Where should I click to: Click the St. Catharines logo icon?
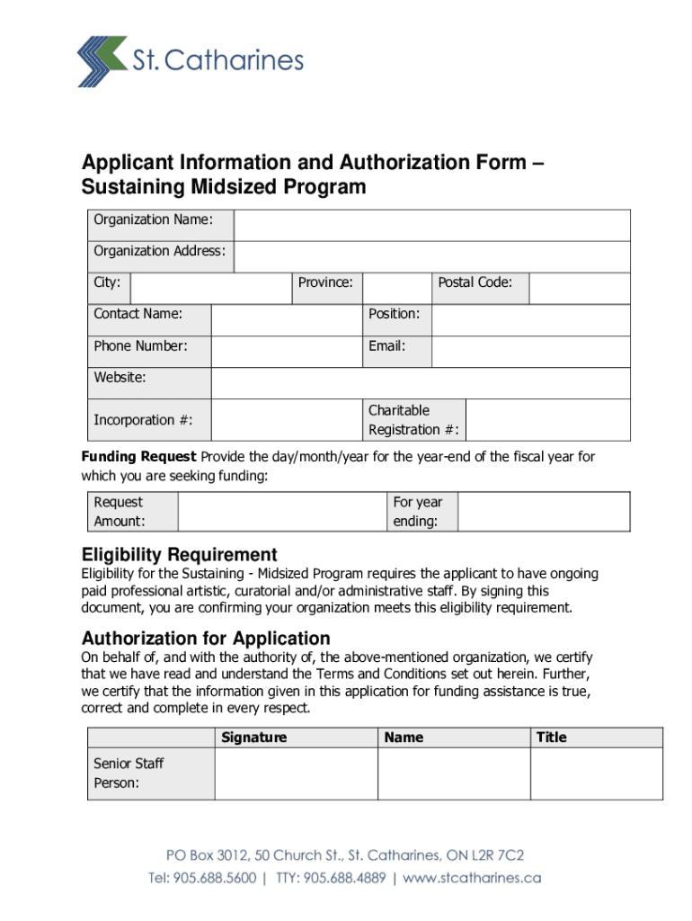pyautogui.click(x=101, y=61)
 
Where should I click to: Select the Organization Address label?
pyautogui.click(x=159, y=251)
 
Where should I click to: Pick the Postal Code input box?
pyautogui.click(x=579, y=289)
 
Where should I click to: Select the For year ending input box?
pyautogui.click(x=543, y=512)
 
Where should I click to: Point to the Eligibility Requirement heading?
pyautogui.click(x=179, y=555)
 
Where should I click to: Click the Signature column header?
pyautogui.click(x=253, y=738)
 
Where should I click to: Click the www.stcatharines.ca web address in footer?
pyautogui.click(x=473, y=878)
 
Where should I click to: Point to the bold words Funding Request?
pyautogui.click(x=138, y=457)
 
